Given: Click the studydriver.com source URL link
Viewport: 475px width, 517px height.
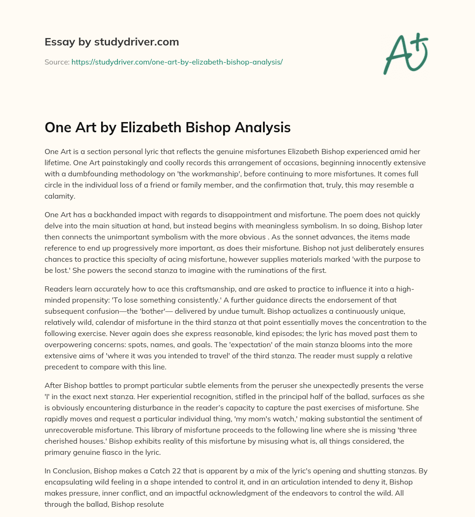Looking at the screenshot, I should (x=177, y=62).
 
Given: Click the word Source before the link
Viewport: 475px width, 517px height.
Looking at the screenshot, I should (x=56, y=62).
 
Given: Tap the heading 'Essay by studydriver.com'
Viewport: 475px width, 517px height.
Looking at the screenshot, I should (x=111, y=42).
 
